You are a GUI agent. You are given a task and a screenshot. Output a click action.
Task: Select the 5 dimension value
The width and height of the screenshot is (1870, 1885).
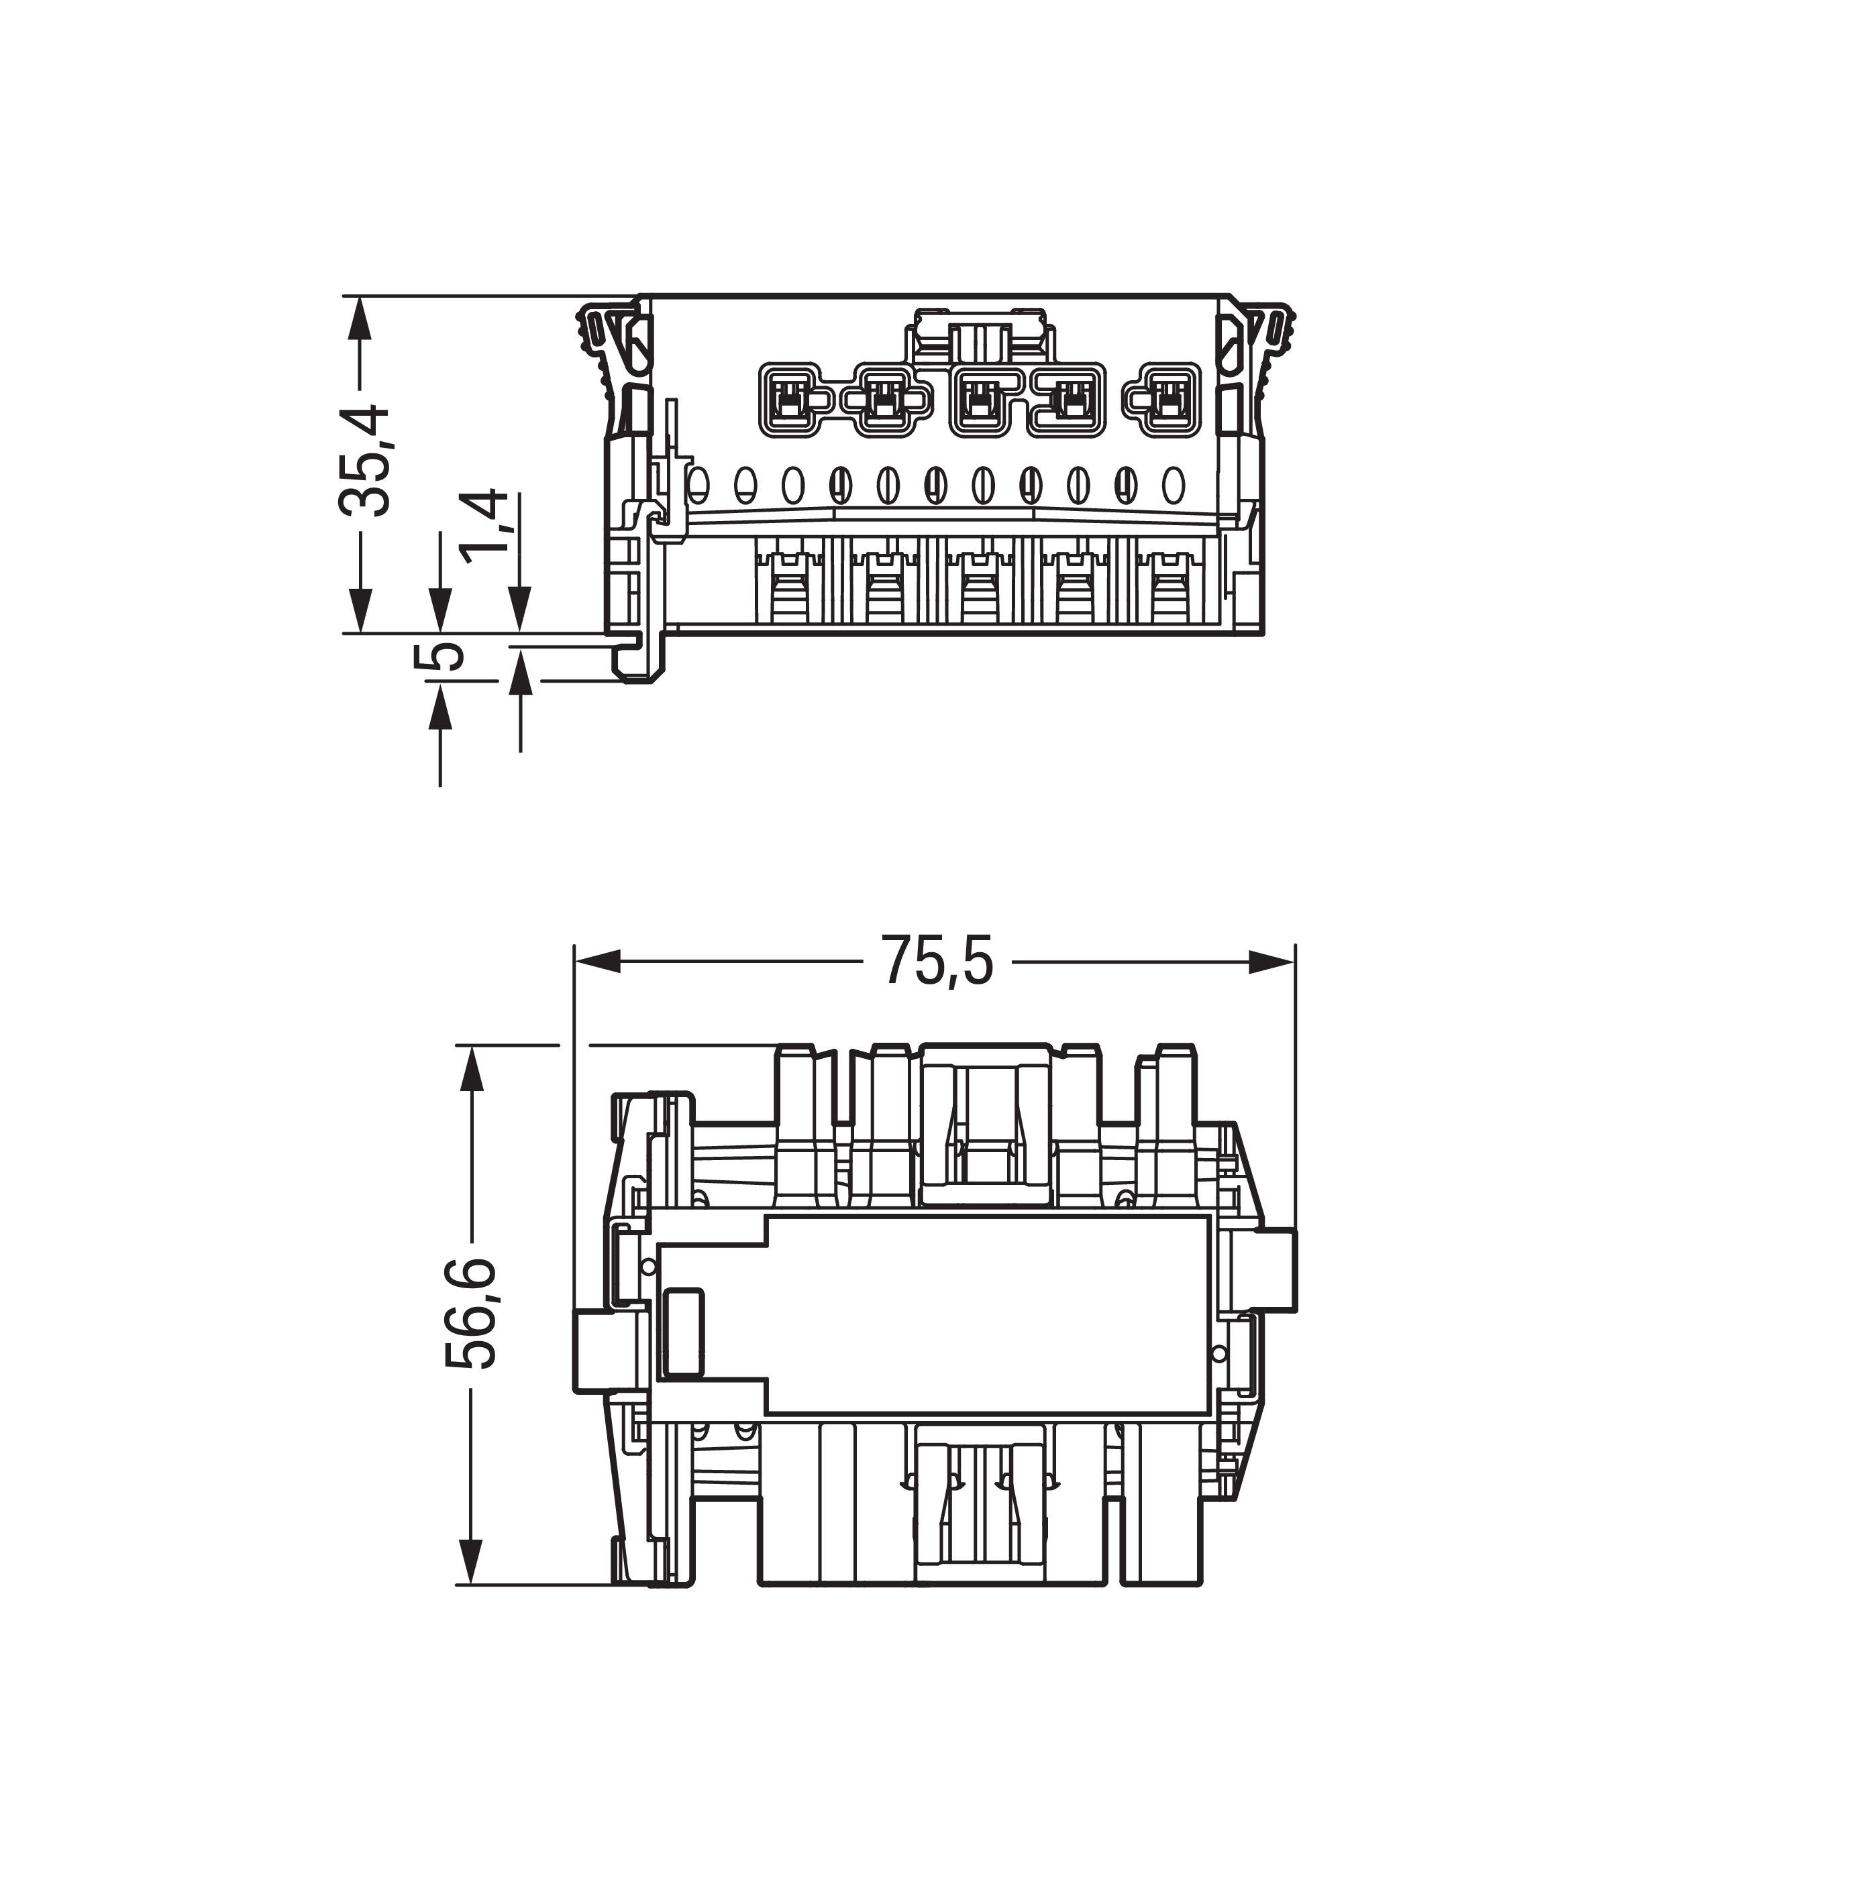(440, 656)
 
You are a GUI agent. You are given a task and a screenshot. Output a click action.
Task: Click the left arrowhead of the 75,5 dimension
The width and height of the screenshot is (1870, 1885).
(597, 962)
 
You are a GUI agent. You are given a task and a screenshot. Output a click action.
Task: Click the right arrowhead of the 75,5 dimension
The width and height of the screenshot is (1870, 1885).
(1273, 962)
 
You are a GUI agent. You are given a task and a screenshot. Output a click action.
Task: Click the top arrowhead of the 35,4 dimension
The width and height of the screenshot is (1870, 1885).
(361, 319)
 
